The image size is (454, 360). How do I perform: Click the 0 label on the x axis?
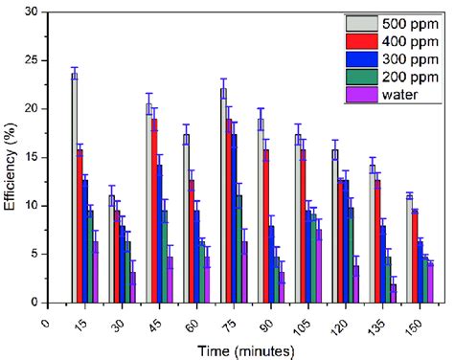click(46, 324)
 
